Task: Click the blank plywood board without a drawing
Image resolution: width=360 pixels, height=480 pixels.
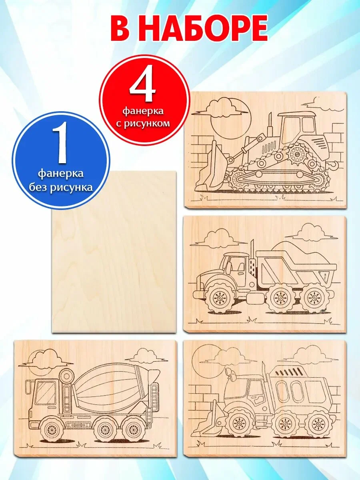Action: point(114,252)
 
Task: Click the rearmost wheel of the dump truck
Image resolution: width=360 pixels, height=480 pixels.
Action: point(314,298)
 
